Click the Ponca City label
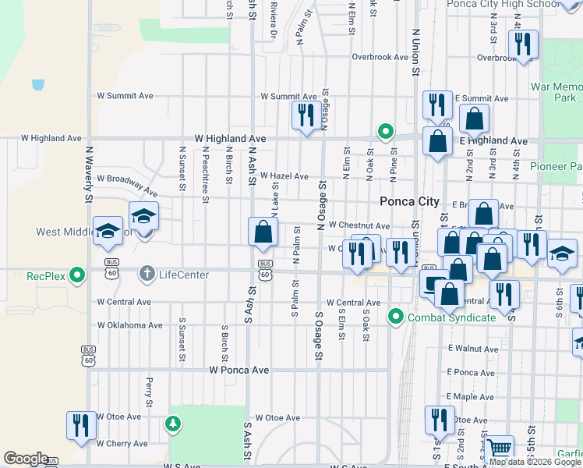409,201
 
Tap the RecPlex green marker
76,275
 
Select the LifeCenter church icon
146,274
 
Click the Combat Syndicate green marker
396,317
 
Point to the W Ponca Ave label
239,370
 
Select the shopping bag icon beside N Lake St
263,231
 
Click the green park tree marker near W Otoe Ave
172,424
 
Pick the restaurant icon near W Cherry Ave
80,425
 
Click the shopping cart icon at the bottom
499,448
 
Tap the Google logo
26,459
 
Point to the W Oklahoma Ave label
129,325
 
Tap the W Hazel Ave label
284,176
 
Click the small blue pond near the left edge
38,83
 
